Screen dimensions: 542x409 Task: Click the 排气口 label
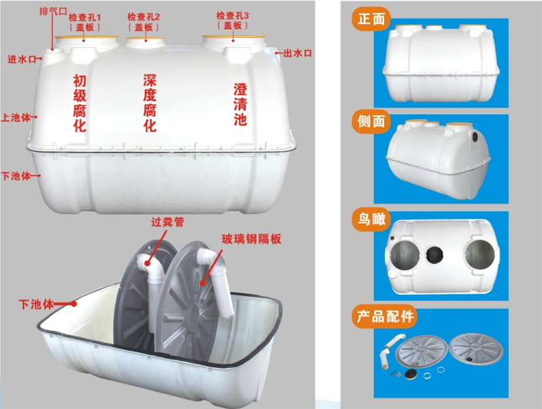pyautogui.click(x=53, y=10)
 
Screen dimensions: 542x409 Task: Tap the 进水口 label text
pyautogui.click(x=22, y=59)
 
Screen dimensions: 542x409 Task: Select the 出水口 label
pyautogui.click(x=298, y=53)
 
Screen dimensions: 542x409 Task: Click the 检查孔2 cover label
pyautogui.click(x=144, y=22)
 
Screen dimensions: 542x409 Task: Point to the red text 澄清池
pyautogui.click(x=240, y=104)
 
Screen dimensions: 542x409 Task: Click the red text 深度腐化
pyautogui.click(x=150, y=103)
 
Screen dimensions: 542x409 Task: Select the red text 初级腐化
pyautogui.click(x=80, y=103)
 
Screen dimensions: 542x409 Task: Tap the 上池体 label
pyautogui.click(x=16, y=117)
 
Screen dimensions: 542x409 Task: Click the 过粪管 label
pyautogui.click(x=167, y=222)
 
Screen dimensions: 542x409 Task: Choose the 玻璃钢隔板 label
pyautogui.click(x=251, y=239)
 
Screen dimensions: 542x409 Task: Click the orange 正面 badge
pyautogui.click(x=372, y=19)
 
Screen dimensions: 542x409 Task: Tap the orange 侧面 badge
pyautogui.click(x=372, y=121)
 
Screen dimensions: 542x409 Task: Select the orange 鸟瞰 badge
pyautogui.click(x=372, y=219)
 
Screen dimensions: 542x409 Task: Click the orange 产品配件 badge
pyautogui.click(x=385, y=316)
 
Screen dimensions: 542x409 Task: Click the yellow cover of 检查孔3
pyautogui.click(x=233, y=36)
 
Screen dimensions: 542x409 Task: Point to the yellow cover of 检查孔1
pyautogui.click(x=86, y=37)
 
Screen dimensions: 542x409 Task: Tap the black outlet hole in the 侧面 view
pyautogui.click(x=475, y=135)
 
